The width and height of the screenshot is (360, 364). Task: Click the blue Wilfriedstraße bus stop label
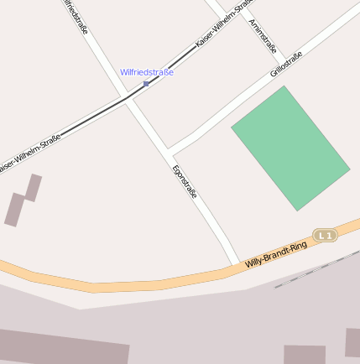pos(146,72)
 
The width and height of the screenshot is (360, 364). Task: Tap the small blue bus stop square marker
pos(146,84)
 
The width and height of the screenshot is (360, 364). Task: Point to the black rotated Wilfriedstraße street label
pos(75,21)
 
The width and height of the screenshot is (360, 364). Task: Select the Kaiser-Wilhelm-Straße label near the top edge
pos(223,23)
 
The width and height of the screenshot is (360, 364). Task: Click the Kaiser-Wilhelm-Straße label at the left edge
pos(29,155)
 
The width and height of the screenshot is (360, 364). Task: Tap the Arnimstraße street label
pos(263,36)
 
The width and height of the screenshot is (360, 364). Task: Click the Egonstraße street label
pos(185,181)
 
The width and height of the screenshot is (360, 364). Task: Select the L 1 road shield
pos(325,236)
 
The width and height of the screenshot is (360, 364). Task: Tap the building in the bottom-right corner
pos(352,342)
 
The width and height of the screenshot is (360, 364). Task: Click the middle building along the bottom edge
pos(304,355)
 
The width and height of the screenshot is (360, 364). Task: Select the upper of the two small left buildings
pos(34,187)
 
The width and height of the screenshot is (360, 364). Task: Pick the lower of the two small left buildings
pos(14,210)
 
